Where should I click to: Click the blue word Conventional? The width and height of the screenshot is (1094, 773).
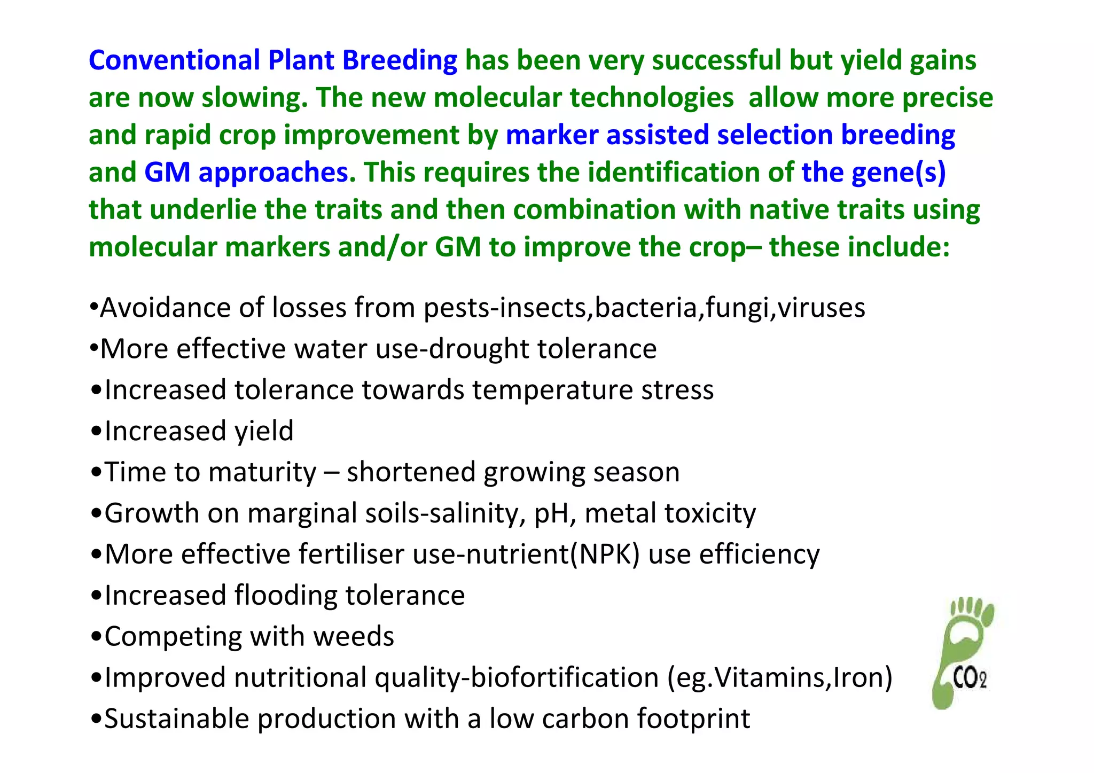pos(174,60)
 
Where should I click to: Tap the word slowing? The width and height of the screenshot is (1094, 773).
pos(254,98)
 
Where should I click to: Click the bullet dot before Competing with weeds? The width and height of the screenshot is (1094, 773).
pos(96,637)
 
